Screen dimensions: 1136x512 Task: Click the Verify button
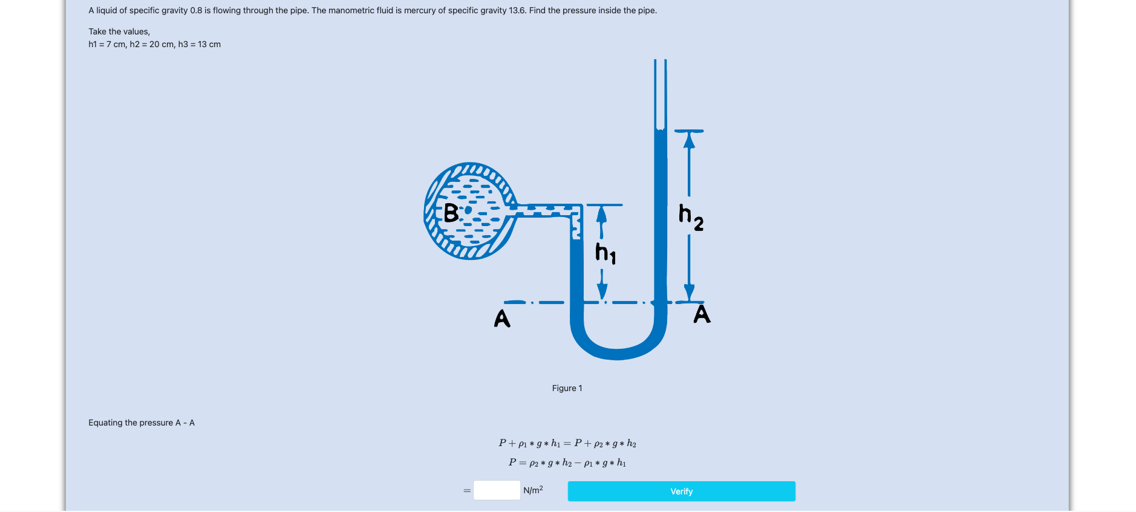coord(681,491)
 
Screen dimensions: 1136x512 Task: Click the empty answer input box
coord(497,490)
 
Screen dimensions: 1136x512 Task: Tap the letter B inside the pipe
coord(451,213)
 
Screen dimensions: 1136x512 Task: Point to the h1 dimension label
coord(606,253)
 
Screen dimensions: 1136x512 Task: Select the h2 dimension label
coord(691,218)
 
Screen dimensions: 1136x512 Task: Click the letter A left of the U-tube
coord(502,319)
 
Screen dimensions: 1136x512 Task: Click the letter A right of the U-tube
coord(702,314)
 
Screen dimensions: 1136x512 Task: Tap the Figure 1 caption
coord(567,388)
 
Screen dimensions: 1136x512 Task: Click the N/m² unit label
coord(533,490)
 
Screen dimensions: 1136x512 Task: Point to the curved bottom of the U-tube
coord(618,354)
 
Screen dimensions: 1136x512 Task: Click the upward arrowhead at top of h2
coord(689,140)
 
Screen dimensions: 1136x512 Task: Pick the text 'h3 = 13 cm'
coord(200,44)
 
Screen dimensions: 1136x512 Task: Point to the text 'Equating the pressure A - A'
coord(142,423)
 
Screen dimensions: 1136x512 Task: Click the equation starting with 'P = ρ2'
coord(567,462)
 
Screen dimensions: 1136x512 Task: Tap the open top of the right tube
coord(661,60)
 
